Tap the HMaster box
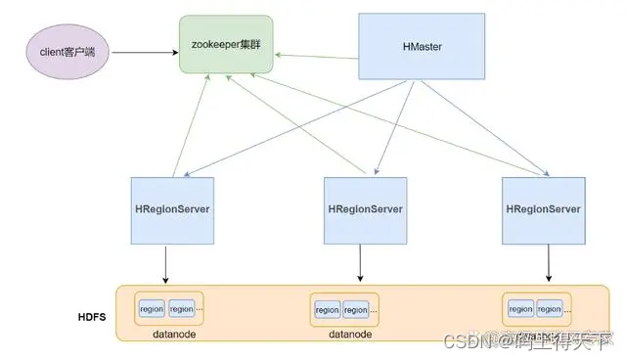[421, 47]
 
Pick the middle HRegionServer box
[364, 210]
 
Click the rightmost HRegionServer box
[544, 210]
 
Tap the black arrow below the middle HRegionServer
[363, 262]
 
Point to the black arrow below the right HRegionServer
[545, 262]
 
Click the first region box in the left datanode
[152, 308]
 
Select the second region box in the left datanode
[181, 308]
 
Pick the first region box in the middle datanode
[327, 309]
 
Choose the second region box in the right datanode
[551, 309]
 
